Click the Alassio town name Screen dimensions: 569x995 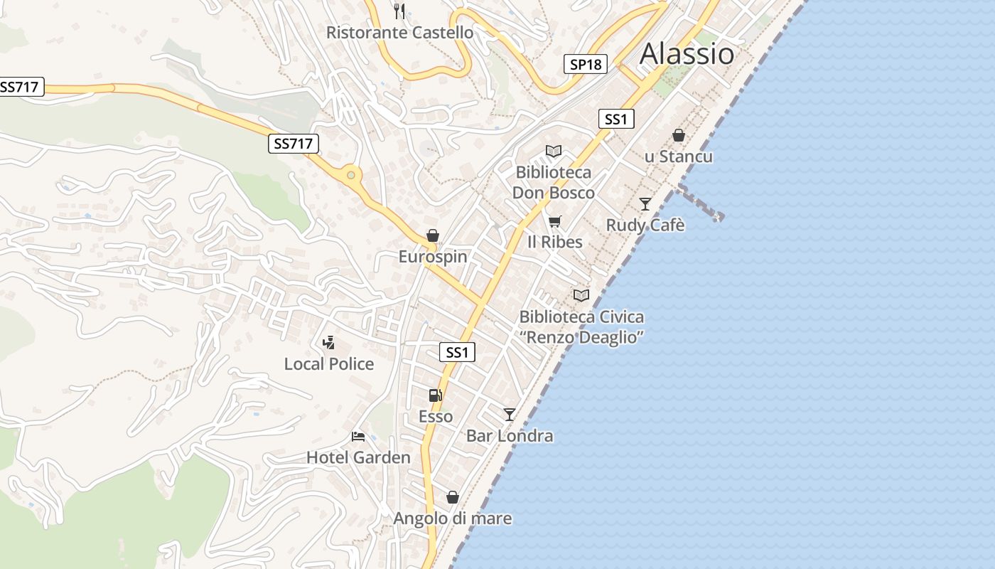(687, 54)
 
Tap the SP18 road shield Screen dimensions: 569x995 (586, 64)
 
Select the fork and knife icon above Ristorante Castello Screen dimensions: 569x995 (399, 11)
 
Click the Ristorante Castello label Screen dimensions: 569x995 (399, 33)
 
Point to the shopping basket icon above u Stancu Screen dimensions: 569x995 (679, 135)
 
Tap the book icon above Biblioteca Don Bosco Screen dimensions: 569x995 (554, 151)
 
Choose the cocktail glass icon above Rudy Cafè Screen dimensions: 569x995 (645, 204)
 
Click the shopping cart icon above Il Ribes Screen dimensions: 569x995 (555, 221)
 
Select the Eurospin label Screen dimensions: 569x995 (433, 257)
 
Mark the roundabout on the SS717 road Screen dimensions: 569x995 (350, 174)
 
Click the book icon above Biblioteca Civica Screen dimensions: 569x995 (581, 295)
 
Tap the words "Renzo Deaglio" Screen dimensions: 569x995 (582, 337)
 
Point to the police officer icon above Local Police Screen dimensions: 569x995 (328, 343)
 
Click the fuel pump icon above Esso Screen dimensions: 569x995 (435, 395)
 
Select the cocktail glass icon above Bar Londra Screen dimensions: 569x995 (510, 414)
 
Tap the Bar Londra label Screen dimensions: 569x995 (510, 435)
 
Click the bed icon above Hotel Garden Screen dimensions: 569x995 (358, 436)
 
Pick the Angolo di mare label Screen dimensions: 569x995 (453, 519)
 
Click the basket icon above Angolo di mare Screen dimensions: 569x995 (453, 497)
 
